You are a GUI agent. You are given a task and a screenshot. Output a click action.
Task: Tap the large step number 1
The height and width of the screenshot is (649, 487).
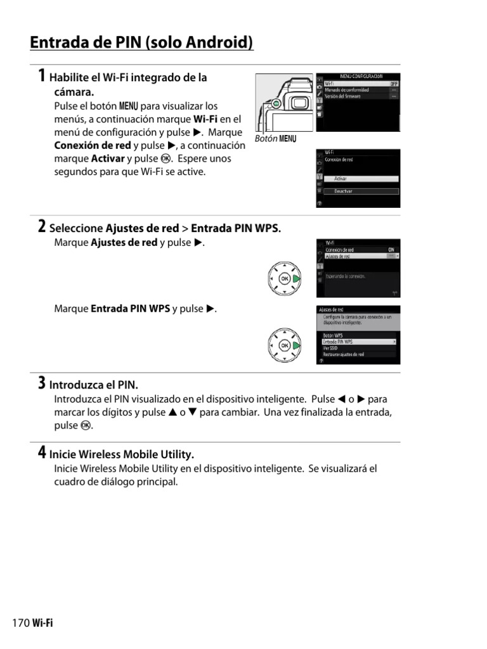(x=41, y=77)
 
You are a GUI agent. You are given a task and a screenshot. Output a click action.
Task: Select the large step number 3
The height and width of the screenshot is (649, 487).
(x=41, y=383)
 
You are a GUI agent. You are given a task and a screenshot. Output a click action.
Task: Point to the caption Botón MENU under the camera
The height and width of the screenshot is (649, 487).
(x=275, y=139)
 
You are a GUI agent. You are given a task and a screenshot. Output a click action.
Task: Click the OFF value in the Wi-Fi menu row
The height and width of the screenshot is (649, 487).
(x=393, y=84)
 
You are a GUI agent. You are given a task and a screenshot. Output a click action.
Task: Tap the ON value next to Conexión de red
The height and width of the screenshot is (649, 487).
(x=391, y=250)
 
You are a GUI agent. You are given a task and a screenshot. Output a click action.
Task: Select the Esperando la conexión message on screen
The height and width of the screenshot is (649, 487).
(x=346, y=276)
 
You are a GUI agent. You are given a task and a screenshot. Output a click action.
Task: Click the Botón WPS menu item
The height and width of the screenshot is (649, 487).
(x=333, y=335)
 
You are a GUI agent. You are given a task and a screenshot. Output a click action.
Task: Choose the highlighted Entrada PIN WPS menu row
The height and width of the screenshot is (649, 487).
(x=359, y=342)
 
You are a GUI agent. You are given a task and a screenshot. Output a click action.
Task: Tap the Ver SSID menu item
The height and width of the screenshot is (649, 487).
(x=330, y=348)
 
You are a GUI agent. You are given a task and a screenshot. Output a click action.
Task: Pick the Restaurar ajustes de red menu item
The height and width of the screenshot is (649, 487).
(x=344, y=355)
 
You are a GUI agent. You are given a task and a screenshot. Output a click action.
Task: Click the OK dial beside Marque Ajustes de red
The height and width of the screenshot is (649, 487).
(x=284, y=279)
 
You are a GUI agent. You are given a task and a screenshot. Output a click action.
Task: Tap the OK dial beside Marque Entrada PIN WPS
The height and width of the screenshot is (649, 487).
(x=284, y=345)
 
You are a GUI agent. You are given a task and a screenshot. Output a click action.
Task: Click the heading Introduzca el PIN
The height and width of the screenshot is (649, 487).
(x=93, y=385)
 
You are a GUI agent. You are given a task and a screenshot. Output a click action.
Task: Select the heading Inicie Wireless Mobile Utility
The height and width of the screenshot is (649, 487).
(x=121, y=454)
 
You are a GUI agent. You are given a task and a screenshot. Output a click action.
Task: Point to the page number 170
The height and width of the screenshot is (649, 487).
(x=21, y=623)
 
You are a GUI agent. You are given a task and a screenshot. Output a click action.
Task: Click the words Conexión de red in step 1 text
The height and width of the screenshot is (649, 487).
(x=93, y=145)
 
